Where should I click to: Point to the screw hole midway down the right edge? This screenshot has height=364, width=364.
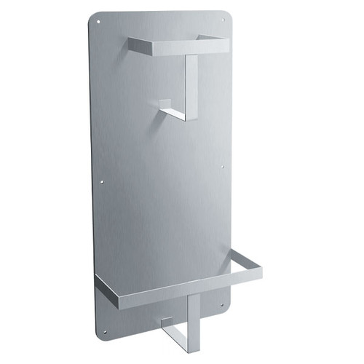222,166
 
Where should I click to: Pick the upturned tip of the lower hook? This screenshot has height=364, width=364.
167,321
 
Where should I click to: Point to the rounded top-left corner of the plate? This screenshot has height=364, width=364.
92,17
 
